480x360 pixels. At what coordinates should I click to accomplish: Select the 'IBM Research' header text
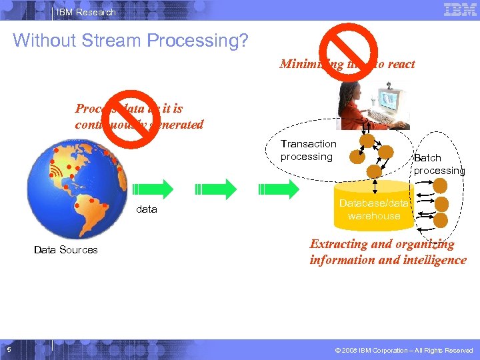pos(85,12)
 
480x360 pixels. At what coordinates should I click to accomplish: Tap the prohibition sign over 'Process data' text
pos(131,118)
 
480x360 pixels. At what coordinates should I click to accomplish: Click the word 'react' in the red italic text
pos(399,64)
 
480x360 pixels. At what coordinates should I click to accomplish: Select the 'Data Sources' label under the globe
pos(65,250)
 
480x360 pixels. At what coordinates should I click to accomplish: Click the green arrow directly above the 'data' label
pos(147,189)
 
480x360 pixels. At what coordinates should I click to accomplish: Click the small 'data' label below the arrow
pos(147,209)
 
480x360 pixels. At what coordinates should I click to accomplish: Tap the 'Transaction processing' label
pos(308,150)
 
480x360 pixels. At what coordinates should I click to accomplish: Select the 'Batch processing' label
pos(438,164)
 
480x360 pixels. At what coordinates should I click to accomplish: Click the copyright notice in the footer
pos(405,351)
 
